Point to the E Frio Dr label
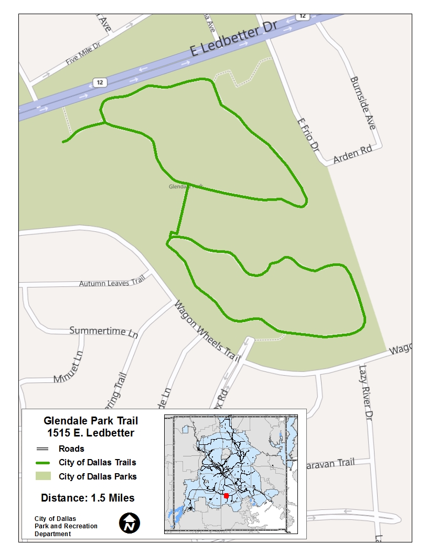tap(308, 135)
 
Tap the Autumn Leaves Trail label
tap(111, 283)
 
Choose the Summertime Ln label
tap(104, 332)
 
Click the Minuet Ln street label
tap(68, 367)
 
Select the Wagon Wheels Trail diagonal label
tap(207, 332)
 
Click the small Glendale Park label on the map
tap(185, 186)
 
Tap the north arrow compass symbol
tap(129, 523)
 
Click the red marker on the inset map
tap(226, 496)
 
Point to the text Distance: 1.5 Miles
tap(88, 498)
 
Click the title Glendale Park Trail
tap(91, 421)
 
